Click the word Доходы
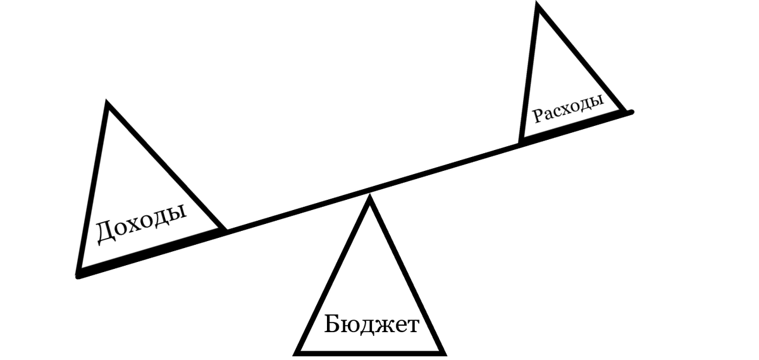tap(141, 223)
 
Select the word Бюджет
tap(372, 325)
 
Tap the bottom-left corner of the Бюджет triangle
tap(297, 352)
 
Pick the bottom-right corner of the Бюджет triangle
tap(444, 352)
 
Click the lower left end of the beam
tap(78, 275)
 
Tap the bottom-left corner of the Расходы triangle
tap(520, 142)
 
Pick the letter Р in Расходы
tap(536, 117)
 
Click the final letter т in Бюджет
tap(412, 326)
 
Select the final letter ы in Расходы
tap(597, 101)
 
